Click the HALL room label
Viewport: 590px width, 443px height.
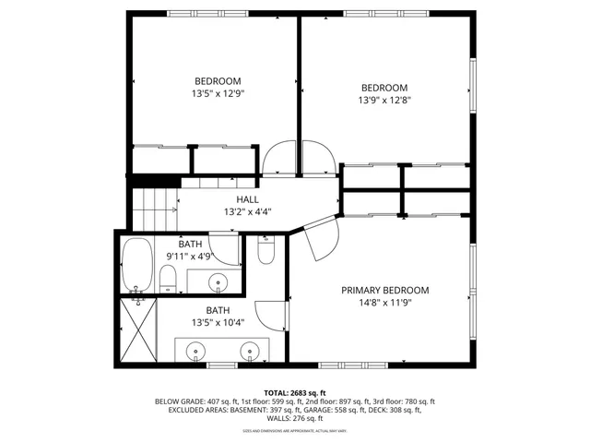coord(247,198)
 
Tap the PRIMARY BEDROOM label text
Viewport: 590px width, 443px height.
coord(384,290)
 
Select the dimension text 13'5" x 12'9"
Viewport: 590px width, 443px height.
coord(218,93)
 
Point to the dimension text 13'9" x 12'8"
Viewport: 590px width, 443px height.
coord(384,102)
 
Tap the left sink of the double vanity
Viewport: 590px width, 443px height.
coord(196,351)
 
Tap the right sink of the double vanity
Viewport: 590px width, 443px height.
coord(250,351)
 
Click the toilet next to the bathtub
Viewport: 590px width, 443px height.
coord(168,279)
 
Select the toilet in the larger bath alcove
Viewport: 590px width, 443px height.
coord(266,250)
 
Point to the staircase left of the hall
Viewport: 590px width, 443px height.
coord(153,208)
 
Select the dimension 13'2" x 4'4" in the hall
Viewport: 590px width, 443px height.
coord(247,211)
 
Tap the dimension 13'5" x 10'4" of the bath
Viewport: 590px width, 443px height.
coord(218,323)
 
